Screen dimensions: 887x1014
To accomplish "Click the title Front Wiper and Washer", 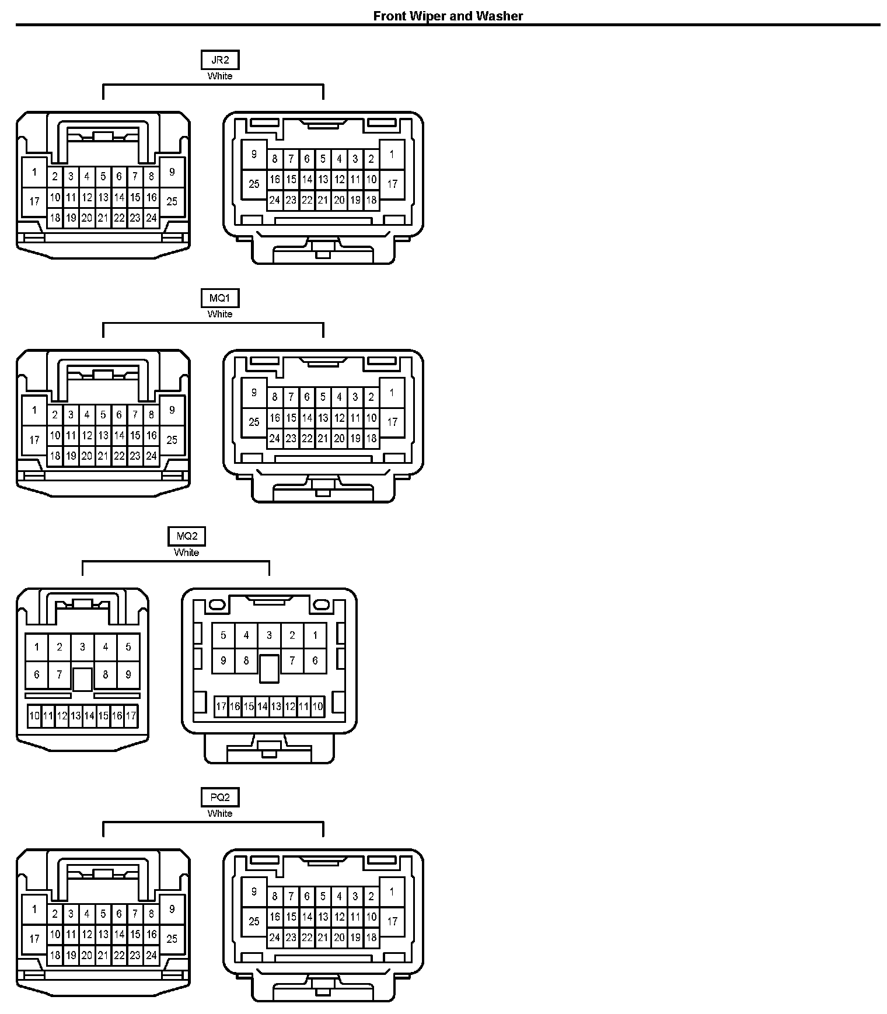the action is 448,16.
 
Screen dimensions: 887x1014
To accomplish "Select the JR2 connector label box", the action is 220,60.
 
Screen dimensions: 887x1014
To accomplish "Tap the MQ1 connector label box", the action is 220,298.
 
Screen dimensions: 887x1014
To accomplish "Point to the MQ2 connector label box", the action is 187,536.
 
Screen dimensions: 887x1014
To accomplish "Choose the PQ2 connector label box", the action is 220,797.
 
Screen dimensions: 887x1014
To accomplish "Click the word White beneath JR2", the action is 220,76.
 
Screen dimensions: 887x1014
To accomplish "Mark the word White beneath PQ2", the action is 220,813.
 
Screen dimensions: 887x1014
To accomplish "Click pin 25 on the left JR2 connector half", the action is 172,201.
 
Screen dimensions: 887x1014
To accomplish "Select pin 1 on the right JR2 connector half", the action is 392,155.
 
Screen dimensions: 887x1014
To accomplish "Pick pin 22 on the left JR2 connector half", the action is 119,218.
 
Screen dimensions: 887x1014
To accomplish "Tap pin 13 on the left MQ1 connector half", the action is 103,435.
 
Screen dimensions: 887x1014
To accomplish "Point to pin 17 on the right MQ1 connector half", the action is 392,421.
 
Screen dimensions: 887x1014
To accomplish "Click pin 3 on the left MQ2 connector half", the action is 82,646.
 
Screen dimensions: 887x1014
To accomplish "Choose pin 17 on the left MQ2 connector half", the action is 131,715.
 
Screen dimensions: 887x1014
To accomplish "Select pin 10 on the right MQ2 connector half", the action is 317,707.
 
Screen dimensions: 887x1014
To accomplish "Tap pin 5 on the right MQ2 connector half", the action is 223,635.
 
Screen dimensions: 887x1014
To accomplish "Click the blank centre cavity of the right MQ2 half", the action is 269,668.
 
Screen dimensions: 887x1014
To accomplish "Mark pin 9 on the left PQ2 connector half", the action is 172,908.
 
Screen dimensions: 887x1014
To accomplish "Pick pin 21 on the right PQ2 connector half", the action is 323,938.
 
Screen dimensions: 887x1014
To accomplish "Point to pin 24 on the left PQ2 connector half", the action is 151,955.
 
